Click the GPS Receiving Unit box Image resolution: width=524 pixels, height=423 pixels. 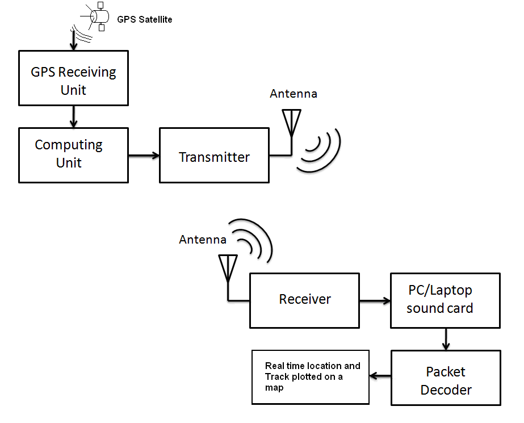point(74,78)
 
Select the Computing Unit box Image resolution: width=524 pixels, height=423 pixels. point(74,156)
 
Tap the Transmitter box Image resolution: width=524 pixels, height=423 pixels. point(214,156)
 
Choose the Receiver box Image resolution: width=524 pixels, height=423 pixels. point(304,301)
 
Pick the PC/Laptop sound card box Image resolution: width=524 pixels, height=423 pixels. point(446,301)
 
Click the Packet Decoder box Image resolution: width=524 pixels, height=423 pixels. point(446,378)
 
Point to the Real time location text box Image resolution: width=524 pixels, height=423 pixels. point(311,377)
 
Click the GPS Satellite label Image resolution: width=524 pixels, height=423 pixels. point(144,19)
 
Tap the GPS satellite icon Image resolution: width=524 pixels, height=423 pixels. point(95,16)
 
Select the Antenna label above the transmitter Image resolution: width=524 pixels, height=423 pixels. point(294,94)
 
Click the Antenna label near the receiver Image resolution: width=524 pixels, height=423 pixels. point(203,240)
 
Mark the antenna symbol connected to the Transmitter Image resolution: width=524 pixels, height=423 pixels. point(291,123)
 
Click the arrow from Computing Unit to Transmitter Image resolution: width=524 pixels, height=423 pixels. point(144,156)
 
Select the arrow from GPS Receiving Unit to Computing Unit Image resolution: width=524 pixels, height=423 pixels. point(74,116)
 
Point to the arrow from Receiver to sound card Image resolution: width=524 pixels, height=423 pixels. point(375,301)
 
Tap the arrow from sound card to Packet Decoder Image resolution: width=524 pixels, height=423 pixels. point(446,339)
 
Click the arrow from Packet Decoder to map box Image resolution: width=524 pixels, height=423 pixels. point(380,376)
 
